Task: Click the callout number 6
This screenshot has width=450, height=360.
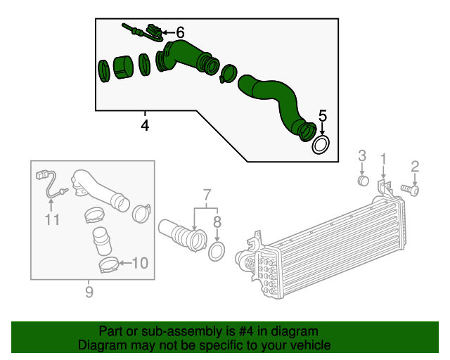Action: point(180,32)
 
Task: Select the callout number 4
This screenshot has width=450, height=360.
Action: point(145,126)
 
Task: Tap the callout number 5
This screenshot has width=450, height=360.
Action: point(323,115)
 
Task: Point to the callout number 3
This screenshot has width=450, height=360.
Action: point(362,155)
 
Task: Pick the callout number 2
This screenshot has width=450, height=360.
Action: point(415,167)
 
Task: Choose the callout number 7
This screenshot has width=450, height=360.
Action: point(207,193)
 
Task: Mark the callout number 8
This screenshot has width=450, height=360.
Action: point(217,221)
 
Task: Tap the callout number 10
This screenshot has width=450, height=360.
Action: point(140,264)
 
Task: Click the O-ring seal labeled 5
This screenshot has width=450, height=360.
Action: point(321,146)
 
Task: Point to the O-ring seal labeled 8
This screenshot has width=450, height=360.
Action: point(217,251)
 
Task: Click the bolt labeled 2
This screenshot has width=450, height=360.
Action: point(410,189)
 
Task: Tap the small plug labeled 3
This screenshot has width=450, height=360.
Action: point(363,181)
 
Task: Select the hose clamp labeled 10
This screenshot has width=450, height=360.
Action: point(107,265)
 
